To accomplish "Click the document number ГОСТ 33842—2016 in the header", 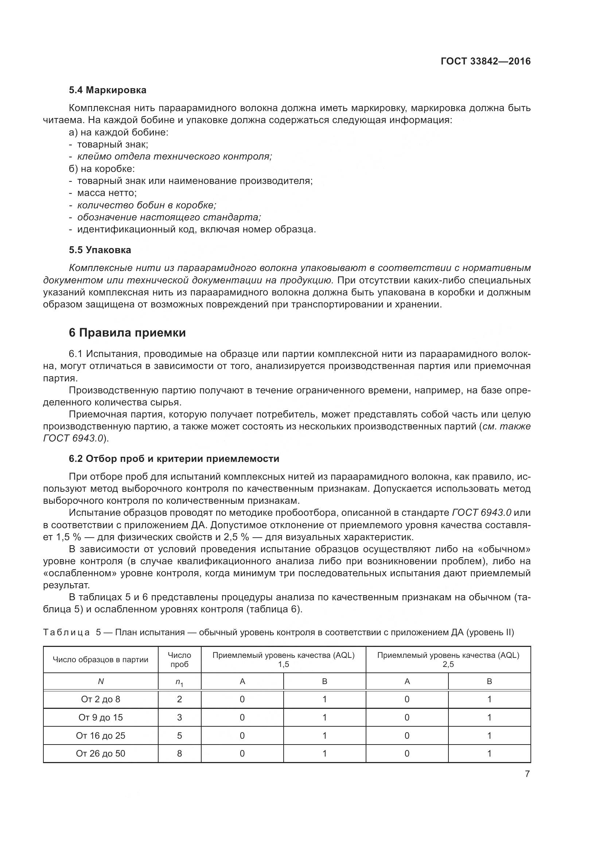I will [x=485, y=62].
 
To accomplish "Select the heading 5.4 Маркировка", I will [x=108, y=90].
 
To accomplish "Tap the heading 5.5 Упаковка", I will [x=100, y=250].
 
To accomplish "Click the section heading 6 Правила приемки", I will [x=127, y=333].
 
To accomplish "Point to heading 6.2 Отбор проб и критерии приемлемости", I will [x=174, y=459].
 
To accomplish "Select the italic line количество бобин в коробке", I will [x=147, y=205].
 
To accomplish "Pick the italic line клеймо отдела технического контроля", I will [x=175, y=157].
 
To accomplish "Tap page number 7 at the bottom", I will [x=527, y=774].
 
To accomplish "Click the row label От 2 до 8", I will [x=100, y=699].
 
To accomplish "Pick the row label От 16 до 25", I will [x=100, y=735].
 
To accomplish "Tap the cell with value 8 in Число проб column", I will [x=179, y=754].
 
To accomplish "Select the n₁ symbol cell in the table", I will [x=179, y=682].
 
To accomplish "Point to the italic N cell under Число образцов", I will [x=100, y=681].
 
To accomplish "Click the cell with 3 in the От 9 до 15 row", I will [x=179, y=718].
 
